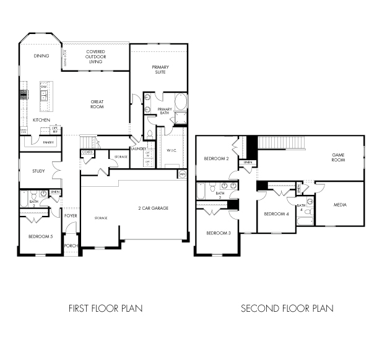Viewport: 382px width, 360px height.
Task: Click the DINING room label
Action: (x=41, y=56)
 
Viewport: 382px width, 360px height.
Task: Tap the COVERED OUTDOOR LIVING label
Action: (x=95, y=57)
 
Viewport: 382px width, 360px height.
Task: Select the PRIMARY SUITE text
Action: (x=161, y=69)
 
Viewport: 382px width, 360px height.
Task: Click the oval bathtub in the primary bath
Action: (x=180, y=101)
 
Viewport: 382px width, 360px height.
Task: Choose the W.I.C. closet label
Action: (x=171, y=150)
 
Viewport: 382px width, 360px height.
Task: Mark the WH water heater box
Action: (x=182, y=174)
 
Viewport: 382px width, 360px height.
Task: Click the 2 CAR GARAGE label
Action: (x=152, y=208)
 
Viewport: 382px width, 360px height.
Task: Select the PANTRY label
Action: (x=48, y=142)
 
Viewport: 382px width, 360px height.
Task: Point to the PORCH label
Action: (x=71, y=245)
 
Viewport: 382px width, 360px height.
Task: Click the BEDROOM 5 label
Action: (x=40, y=236)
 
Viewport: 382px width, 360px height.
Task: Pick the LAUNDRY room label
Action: (x=138, y=149)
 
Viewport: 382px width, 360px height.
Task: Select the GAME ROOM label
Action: (x=337, y=157)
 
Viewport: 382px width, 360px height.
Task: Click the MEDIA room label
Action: (x=340, y=205)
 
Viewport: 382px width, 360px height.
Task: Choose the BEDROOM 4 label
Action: (x=276, y=214)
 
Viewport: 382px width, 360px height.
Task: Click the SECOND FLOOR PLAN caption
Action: (x=287, y=308)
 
